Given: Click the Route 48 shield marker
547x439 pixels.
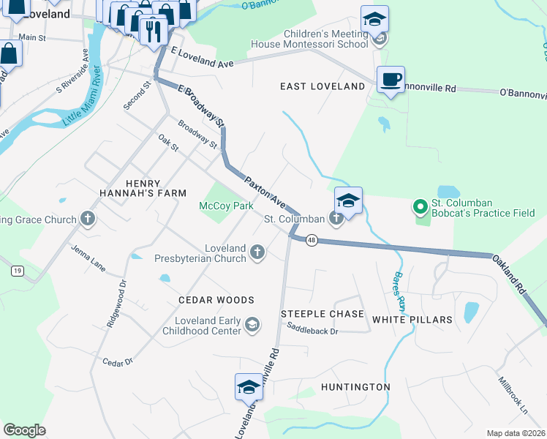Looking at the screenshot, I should pyautogui.click(x=312, y=241).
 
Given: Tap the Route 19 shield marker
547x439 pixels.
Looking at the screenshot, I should pyautogui.click(x=17, y=271).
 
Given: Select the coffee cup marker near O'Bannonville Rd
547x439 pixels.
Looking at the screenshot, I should pyautogui.click(x=390, y=80).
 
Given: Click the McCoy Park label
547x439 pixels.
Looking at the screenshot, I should pyautogui.click(x=226, y=206).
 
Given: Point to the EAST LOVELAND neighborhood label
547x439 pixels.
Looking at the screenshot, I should pyautogui.click(x=322, y=86).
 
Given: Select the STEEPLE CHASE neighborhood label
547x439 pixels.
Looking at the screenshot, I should pyautogui.click(x=322, y=314).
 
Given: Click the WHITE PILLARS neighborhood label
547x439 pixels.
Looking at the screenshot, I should pyautogui.click(x=412, y=320).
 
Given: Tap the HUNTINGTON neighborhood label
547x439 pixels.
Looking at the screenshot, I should pyautogui.click(x=355, y=386).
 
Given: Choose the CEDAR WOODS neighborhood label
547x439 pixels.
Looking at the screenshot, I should pyautogui.click(x=216, y=300).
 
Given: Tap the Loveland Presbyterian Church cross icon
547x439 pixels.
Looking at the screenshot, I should pyautogui.click(x=257, y=253).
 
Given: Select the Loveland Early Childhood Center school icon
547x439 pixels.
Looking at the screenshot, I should pyautogui.click(x=252, y=325).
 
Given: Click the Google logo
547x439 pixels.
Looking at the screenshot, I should pyautogui.click(x=24, y=430).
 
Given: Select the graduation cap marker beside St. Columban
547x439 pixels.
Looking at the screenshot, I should pyautogui.click(x=349, y=200).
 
